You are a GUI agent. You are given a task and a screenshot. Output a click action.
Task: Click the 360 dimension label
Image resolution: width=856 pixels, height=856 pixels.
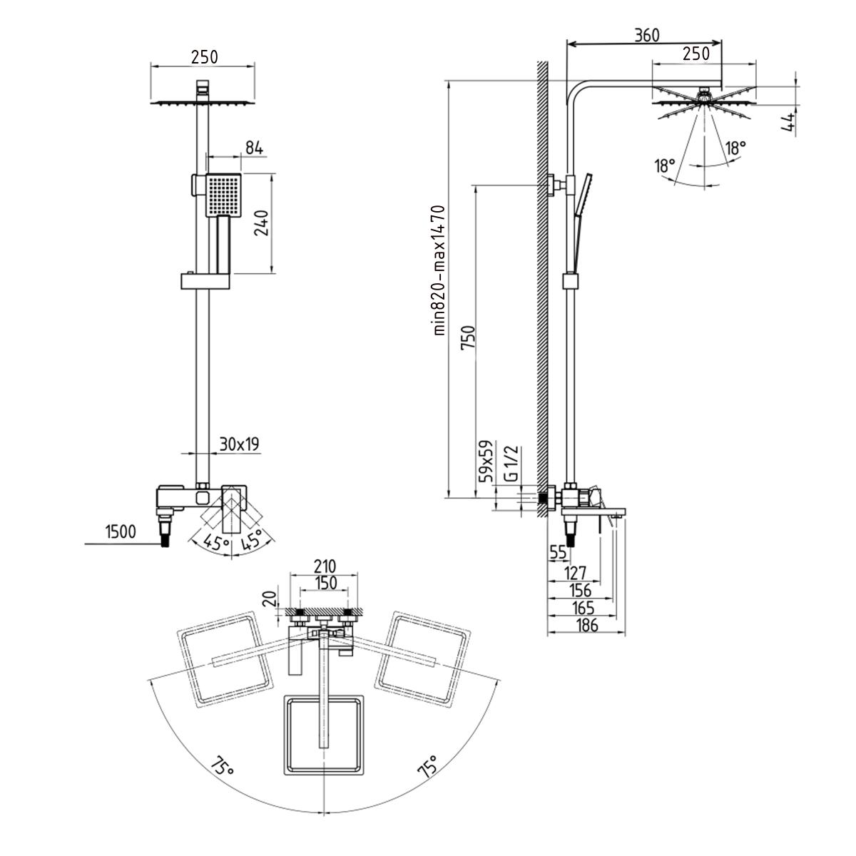point(647,35)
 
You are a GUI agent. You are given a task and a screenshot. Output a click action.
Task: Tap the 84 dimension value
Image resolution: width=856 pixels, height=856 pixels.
point(254,148)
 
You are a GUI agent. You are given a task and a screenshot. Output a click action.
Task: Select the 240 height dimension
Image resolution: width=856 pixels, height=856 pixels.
point(261,223)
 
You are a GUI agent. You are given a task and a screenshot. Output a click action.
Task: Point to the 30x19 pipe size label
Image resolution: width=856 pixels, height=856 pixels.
point(240,444)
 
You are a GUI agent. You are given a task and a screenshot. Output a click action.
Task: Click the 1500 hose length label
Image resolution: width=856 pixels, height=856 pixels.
point(121,531)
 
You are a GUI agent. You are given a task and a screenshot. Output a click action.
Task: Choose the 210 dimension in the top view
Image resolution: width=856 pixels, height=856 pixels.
point(325,566)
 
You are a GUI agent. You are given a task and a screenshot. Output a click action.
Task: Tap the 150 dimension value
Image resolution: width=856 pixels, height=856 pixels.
point(325,583)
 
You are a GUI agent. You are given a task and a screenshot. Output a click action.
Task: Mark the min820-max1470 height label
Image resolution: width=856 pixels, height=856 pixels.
point(439,270)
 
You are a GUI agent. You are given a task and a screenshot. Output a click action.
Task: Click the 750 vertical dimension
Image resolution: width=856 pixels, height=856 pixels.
point(468,338)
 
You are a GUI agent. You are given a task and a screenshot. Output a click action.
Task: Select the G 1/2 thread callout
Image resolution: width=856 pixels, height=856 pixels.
point(511,464)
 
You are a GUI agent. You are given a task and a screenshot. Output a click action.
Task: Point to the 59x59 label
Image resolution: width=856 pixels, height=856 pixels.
point(486,461)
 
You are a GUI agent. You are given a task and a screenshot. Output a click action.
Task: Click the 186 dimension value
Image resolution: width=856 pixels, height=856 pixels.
point(587,625)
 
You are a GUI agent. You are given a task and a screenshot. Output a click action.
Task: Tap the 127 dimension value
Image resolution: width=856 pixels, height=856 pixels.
point(576,573)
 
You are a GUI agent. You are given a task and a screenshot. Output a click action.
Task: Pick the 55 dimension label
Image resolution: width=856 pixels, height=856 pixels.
point(558,552)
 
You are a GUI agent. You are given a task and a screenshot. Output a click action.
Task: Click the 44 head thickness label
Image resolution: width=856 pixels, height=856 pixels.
point(788,122)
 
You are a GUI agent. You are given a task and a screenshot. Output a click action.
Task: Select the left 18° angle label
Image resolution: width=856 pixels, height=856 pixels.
point(665,165)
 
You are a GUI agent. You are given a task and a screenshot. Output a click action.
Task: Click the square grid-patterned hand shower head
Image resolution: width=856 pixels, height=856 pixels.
point(224,195)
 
